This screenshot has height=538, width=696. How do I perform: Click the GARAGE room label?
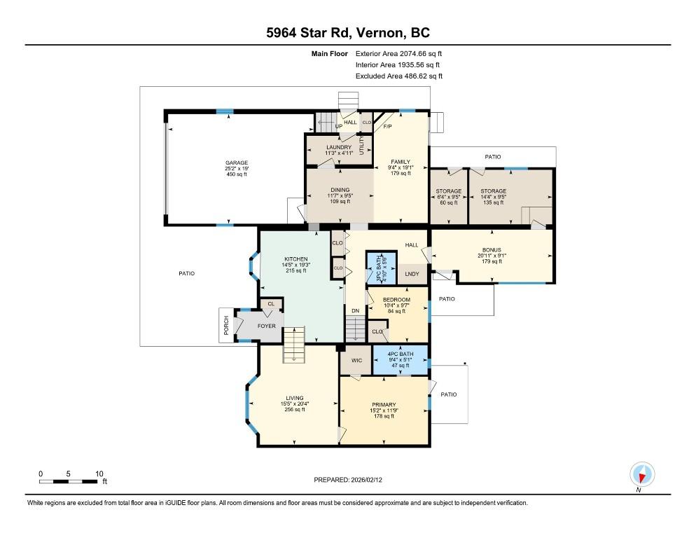click(237, 163)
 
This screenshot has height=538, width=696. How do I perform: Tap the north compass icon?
click(642, 474)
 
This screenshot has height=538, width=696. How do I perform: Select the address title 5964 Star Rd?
click(309, 32)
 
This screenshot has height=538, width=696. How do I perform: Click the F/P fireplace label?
click(387, 126)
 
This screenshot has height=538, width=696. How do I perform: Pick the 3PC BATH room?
click(381, 268)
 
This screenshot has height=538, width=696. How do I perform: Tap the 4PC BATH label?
click(401, 354)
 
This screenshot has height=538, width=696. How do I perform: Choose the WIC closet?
click(356, 360)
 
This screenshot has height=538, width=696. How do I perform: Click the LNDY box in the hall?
click(412, 274)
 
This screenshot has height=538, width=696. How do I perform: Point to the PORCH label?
click(226, 325)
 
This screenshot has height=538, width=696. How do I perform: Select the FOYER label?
click(266, 326)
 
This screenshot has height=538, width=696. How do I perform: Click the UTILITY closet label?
click(362, 146)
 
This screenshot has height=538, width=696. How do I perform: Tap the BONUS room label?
click(492, 250)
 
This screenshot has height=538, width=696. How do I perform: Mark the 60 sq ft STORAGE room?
click(449, 196)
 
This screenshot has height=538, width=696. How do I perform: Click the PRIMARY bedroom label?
click(384, 405)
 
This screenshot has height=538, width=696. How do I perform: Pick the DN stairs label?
click(356, 311)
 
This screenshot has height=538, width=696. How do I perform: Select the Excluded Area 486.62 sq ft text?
click(399, 76)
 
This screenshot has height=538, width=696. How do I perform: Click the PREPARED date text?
click(348, 480)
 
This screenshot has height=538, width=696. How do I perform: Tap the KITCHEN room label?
click(296, 259)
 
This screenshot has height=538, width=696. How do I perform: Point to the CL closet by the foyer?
click(271, 304)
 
